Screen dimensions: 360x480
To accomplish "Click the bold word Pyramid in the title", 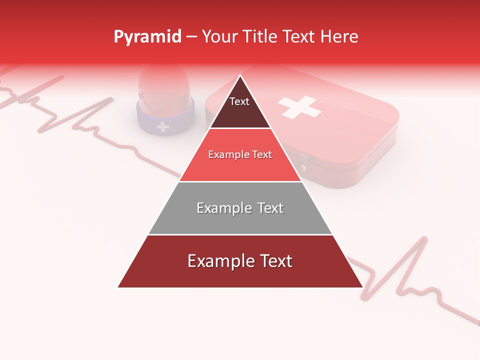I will (x=147, y=36).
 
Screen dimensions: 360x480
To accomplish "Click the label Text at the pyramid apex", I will (x=239, y=101).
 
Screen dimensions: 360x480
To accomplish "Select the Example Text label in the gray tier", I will (x=240, y=208).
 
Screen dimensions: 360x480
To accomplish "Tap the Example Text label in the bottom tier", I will (x=240, y=261).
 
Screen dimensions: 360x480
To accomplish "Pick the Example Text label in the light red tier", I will (x=240, y=154).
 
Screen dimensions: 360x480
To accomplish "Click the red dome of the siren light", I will (x=164, y=87).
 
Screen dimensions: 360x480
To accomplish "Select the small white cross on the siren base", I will (x=162, y=126).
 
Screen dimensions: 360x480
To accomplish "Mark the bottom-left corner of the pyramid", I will (x=118, y=287).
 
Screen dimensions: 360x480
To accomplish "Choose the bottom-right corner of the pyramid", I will (x=362, y=287).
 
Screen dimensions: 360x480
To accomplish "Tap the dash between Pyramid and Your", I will (x=191, y=37).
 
